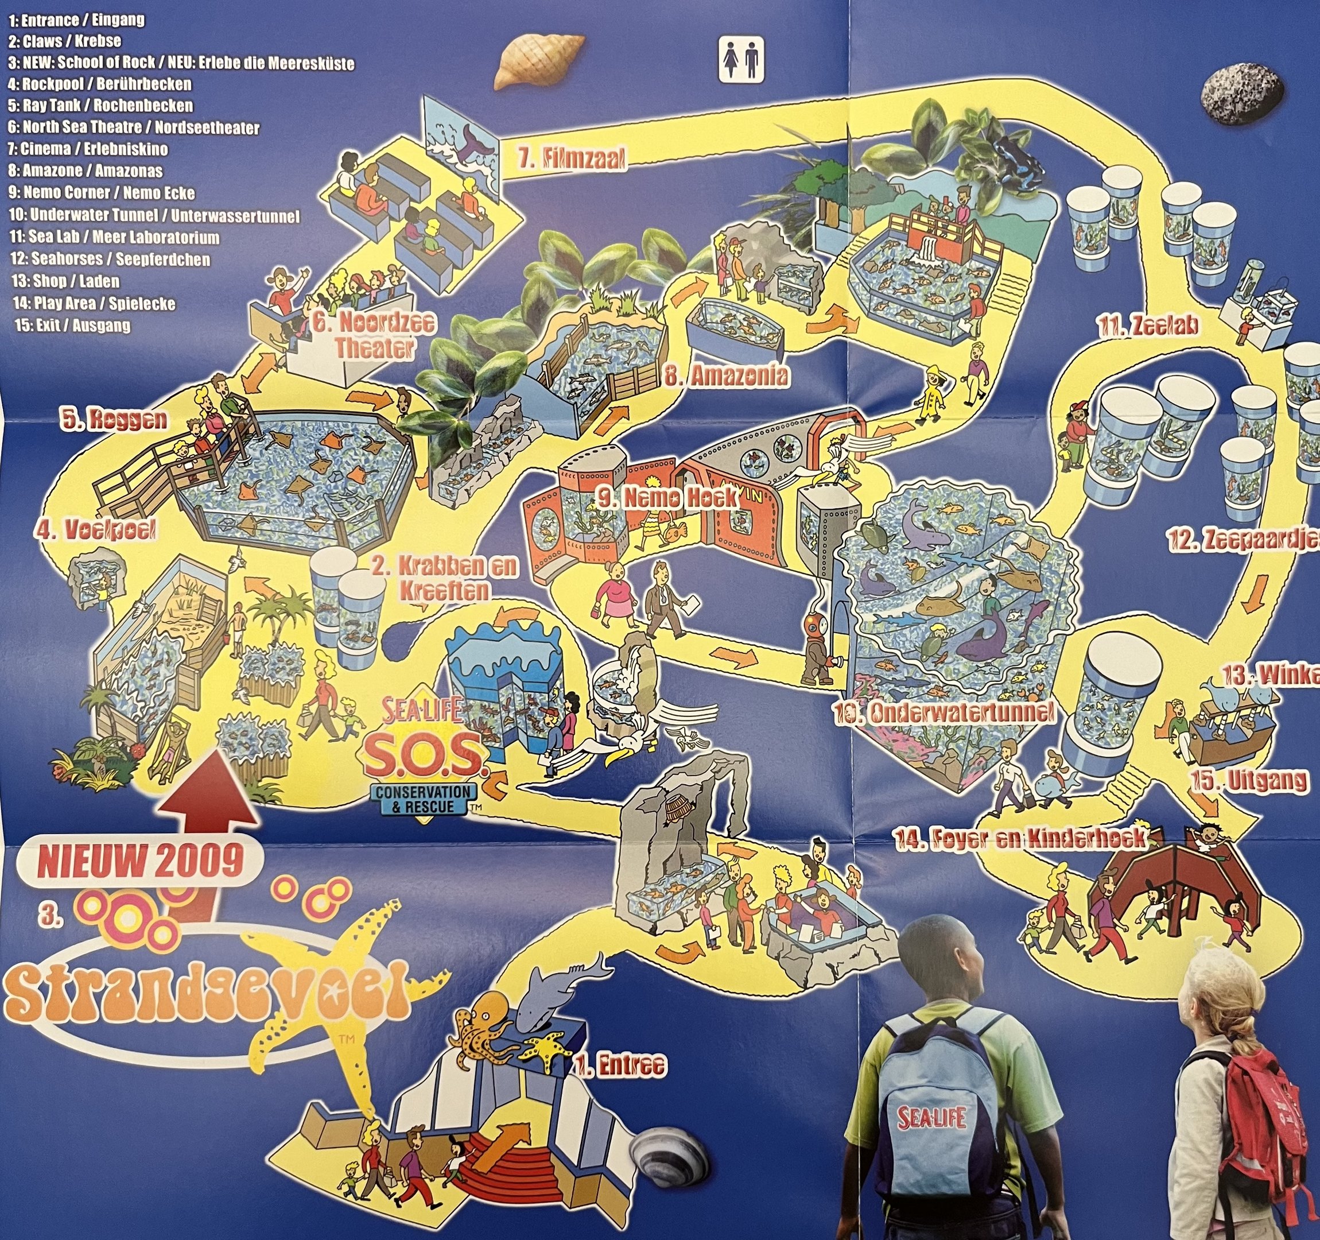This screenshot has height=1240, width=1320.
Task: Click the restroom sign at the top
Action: (741, 59)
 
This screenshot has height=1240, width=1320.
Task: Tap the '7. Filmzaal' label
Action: (572, 160)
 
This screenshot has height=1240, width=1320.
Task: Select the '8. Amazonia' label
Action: (727, 377)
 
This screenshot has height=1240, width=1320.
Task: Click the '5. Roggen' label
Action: (114, 420)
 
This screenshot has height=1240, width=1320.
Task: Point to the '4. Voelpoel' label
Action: (97, 530)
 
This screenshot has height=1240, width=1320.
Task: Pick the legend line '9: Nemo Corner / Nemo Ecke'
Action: (102, 193)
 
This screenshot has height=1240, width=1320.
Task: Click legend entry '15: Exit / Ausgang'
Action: (72, 325)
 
